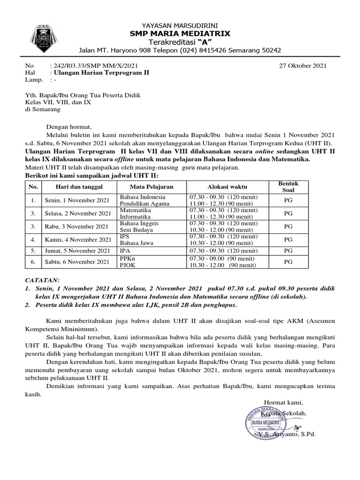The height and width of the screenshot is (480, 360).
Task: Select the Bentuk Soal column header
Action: pos(289,187)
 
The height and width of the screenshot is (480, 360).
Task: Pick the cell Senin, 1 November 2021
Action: pos(76,201)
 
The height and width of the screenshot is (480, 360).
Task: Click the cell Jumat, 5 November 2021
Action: pos(77,251)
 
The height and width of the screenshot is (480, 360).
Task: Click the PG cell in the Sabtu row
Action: pos(289,262)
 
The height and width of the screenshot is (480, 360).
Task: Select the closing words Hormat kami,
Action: pos(283,403)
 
